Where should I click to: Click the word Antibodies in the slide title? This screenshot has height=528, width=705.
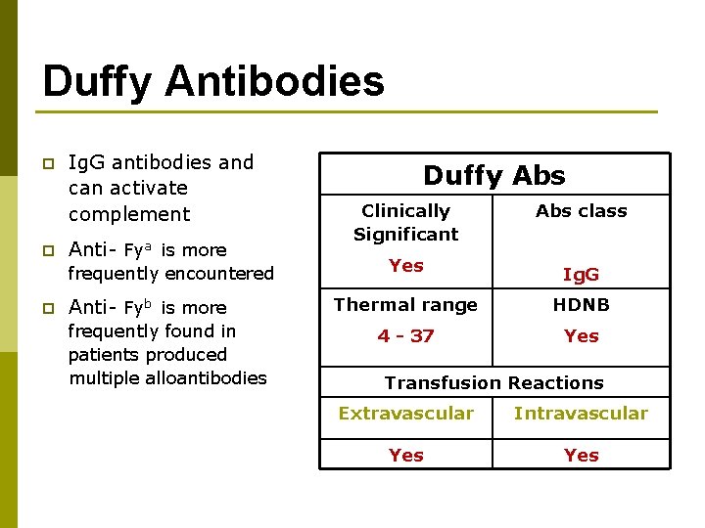[275, 81]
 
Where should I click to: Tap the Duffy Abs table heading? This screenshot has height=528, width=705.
[493, 175]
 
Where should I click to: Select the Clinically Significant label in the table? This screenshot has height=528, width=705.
[405, 222]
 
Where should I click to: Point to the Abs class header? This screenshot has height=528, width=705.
[581, 210]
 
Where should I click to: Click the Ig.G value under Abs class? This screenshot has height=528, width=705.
[581, 276]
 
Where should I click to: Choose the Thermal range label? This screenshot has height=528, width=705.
[405, 304]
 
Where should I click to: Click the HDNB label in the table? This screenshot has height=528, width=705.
[581, 304]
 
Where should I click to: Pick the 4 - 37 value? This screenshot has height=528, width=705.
[405, 335]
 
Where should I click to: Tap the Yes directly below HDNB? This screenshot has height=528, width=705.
[581, 335]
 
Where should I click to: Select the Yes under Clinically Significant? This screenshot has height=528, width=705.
[405, 265]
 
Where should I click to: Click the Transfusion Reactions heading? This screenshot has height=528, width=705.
[493, 382]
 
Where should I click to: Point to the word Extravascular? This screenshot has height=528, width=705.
[405, 414]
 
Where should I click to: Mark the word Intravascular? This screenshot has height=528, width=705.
[581, 414]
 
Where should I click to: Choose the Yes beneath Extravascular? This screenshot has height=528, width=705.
[405, 455]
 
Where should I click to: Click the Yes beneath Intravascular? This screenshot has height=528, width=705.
[581, 455]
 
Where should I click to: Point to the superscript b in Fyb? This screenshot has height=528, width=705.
[150, 302]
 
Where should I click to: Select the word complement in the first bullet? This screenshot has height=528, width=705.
[129, 214]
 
